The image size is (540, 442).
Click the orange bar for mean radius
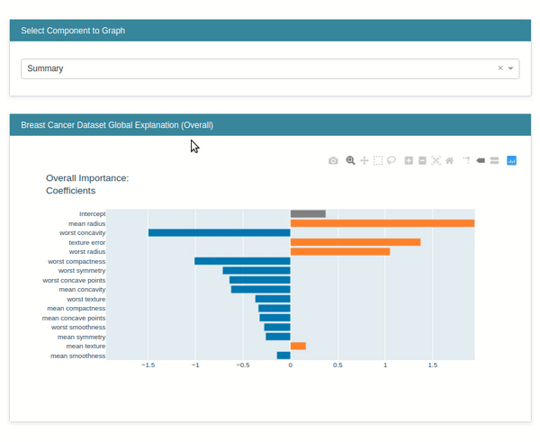382,223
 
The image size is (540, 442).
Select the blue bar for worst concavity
219,232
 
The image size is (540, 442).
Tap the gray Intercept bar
308,213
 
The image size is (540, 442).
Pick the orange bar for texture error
355,242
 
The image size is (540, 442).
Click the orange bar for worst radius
339,251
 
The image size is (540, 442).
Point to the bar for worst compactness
242,261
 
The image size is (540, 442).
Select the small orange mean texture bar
298,346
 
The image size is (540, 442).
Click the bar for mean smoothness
283,356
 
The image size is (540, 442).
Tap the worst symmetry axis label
82,270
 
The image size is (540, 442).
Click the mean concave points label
74,318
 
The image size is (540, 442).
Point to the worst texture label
86,299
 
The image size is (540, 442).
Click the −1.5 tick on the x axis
148,365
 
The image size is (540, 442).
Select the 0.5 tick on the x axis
337,365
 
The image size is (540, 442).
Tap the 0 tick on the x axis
290,365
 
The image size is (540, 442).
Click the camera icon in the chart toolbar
333,161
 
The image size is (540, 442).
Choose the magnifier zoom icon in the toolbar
351,160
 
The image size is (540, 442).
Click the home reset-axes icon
450,160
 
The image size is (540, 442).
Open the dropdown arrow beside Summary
511,68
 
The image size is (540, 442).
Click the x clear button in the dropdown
500,68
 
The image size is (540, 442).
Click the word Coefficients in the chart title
71,191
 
